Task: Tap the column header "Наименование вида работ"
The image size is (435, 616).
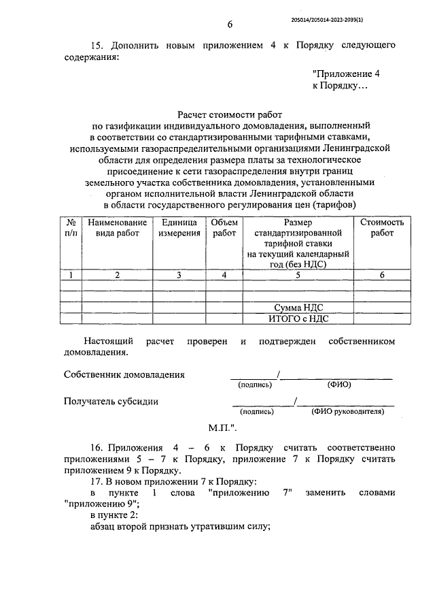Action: (117, 227)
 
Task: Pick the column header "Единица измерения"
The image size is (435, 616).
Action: (179, 227)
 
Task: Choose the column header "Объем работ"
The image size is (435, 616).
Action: (224, 227)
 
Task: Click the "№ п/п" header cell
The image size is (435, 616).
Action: (71, 227)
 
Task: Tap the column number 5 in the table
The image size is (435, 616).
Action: (298, 274)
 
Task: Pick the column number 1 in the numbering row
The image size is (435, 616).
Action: (71, 274)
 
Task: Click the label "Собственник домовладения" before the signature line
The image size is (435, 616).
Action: (124, 374)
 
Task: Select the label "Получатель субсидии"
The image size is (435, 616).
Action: (111, 401)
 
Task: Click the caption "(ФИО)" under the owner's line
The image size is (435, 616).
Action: (338, 385)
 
